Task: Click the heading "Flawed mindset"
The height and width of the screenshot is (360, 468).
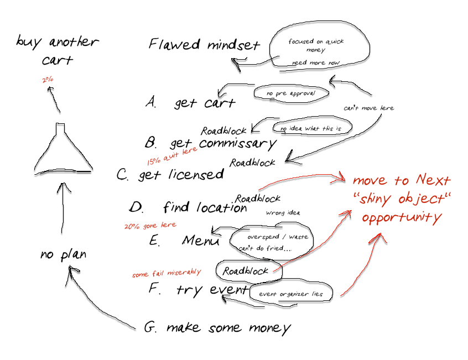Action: pyautogui.click(x=204, y=45)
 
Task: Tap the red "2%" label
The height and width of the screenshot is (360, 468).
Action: pyautogui.click(x=48, y=80)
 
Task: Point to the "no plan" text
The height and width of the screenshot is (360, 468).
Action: pyautogui.click(x=63, y=255)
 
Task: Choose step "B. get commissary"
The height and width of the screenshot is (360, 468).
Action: pyautogui.click(x=210, y=144)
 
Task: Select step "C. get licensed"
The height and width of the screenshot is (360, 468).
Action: pyautogui.click(x=170, y=175)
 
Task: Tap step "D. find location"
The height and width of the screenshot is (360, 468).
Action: pyautogui.click(x=188, y=207)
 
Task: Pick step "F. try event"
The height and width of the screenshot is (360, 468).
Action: pyautogui.click(x=198, y=289)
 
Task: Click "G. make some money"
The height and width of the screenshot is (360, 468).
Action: pyautogui.click(x=217, y=327)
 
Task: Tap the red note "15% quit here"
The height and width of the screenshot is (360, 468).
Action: pyautogui.click(x=171, y=156)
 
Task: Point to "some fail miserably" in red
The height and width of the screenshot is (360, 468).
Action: pyautogui.click(x=166, y=273)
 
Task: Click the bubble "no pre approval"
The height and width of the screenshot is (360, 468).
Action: pyautogui.click(x=290, y=93)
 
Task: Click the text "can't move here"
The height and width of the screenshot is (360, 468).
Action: pyautogui.click(x=368, y=108)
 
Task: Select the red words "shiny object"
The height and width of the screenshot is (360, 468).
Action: pyautogui.click(x=402, y=199)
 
